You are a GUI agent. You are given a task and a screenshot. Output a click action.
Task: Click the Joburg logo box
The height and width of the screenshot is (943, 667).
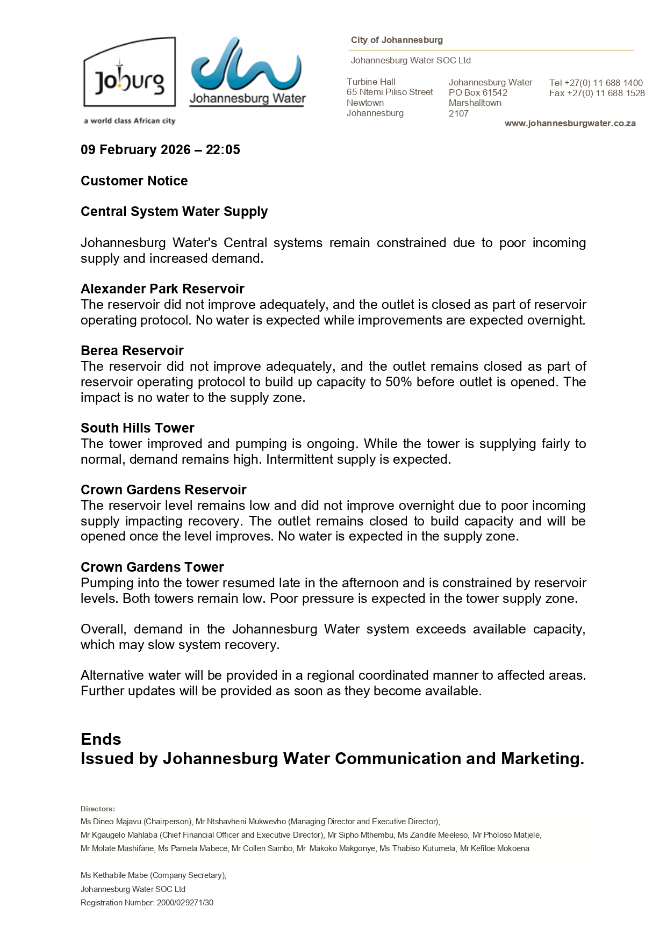130,73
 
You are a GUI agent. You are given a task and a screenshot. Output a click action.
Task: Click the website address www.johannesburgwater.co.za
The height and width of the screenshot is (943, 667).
570,124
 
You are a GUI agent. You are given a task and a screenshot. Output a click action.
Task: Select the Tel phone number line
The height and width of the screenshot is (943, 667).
596,83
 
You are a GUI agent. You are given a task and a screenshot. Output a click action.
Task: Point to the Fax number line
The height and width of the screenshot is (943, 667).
597,93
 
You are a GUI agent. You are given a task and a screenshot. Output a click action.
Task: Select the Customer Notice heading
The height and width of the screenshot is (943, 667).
134,181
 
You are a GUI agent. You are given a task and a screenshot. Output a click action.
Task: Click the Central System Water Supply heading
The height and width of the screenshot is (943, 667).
174,212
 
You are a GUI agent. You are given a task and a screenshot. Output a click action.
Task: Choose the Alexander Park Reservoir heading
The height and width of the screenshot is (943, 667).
162,289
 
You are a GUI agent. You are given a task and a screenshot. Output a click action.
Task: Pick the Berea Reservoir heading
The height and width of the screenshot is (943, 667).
132,351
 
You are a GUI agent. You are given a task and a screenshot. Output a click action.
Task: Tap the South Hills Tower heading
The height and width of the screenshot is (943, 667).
138,428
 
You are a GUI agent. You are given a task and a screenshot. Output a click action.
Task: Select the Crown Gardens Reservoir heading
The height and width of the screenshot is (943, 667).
163,490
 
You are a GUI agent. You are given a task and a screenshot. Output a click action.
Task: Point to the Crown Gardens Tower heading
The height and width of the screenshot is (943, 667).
152,567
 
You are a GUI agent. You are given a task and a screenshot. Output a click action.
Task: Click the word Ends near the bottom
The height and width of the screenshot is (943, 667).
101,739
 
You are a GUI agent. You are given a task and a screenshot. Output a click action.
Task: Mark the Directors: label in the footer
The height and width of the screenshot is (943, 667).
98,809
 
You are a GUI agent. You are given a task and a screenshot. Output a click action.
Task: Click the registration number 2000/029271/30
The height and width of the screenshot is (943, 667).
185,903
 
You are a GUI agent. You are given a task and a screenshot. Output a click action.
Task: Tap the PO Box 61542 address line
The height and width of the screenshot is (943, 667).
478,92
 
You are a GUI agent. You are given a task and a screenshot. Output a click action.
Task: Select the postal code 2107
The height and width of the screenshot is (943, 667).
458,113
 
